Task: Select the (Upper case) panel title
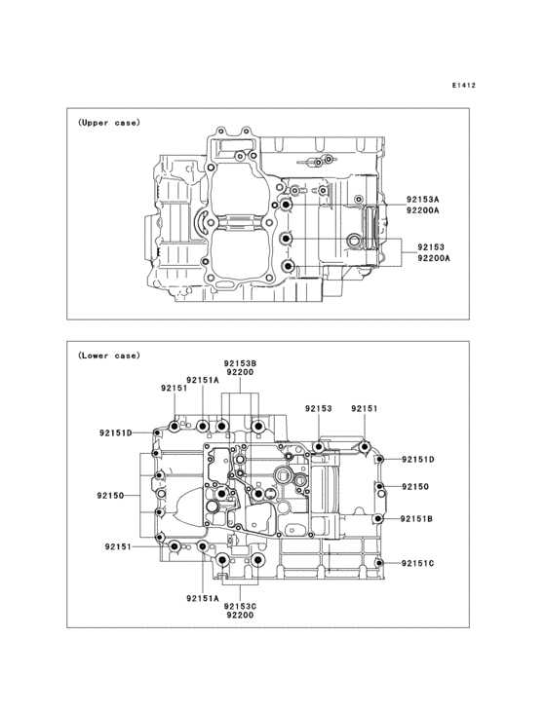[109, 123]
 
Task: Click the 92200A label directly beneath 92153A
[423, 210]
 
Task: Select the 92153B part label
[240, 361]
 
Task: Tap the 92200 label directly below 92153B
[240, 372]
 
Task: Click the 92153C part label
[240, 606]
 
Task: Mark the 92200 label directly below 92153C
[240, 617]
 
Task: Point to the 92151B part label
[416, 519]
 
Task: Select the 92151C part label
[416, 564]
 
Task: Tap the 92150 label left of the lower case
[111, 496]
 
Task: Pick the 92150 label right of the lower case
[414, 486]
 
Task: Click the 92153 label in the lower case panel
[318, 409]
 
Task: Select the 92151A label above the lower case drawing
[203, 380]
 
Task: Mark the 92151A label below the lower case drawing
[203, 599]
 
